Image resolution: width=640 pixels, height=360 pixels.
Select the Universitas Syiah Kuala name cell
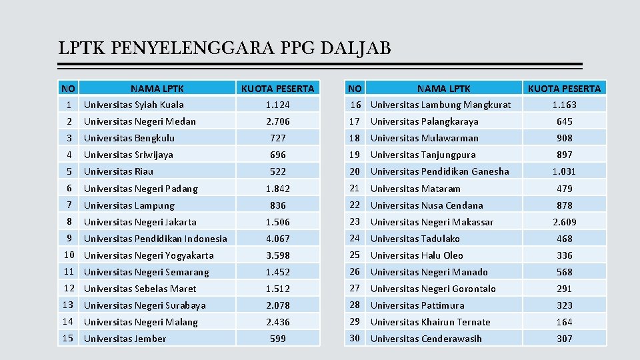(x=134, y=105)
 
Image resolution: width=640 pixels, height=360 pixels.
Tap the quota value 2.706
(x=277, y=121)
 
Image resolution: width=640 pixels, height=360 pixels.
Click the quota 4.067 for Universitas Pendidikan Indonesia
(x=277, y=239)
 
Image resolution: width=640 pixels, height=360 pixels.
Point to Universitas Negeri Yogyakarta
(x=149, y=255)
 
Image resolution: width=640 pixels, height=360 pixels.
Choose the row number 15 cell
(x=69, y=338)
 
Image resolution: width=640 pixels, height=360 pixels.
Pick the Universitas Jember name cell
(x=125, y=339)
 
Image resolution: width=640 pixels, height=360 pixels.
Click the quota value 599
(x=277, y=339)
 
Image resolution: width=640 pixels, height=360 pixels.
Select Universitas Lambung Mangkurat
(x=441, y=105)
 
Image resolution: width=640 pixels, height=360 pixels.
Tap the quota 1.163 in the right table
(x=564, y=105)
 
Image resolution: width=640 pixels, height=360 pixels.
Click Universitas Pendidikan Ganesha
(x=439, y=171)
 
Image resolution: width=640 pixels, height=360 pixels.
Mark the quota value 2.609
(x=564, y=222)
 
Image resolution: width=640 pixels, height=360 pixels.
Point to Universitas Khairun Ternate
(x=430, y=322)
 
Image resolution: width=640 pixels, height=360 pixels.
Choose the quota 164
(x=564, y=322)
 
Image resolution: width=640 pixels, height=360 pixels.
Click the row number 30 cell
(x=355, y=338)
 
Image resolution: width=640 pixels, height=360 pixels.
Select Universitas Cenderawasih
(x=426, y=339)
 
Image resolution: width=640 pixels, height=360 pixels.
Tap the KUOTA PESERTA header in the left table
(x=277, y=88)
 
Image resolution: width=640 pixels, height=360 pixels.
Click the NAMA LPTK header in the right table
(x=443, y=88)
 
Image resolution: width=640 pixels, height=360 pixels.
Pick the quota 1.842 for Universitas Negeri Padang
(x=277, y=189)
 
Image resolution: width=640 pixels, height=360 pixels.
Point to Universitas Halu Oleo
(x=417, y=255)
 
